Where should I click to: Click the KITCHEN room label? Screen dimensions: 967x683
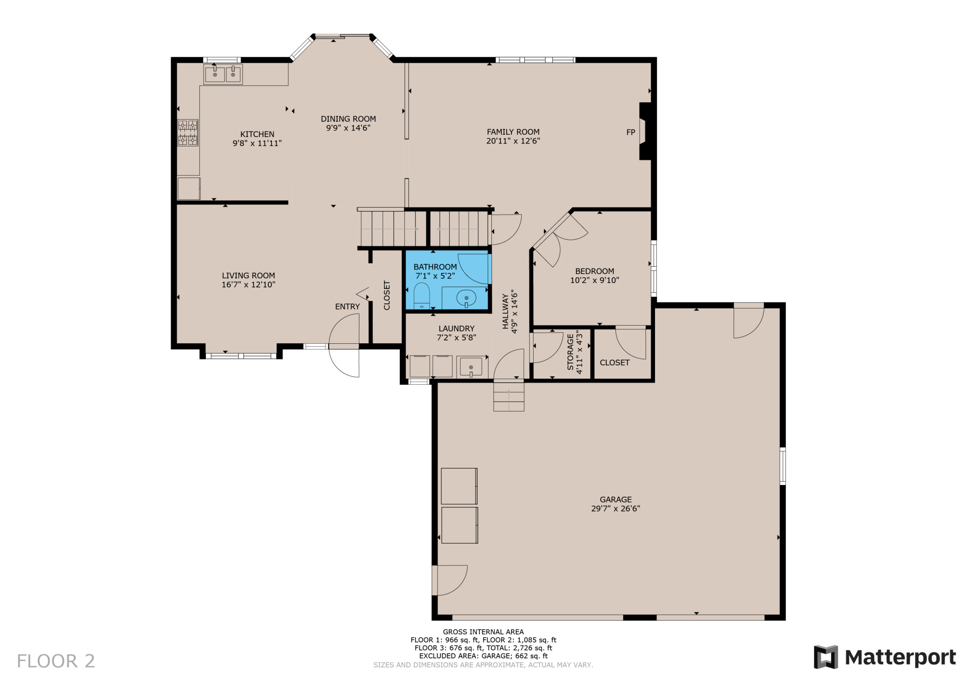[x=257, y=134]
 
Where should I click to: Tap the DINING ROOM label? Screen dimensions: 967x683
[x=348, y=119]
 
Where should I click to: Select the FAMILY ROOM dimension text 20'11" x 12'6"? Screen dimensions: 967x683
[x=513, y=141]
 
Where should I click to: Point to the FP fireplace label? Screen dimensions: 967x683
[x=631, y=132]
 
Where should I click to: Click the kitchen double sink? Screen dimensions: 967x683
[x=223, y=74]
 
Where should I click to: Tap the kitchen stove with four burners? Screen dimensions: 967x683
[x=188, y=133]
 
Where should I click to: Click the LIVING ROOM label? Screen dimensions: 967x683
[x=248, y=276]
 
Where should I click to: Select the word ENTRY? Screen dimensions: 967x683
[x=347, y=307]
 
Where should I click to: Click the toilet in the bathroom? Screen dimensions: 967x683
[x=422, y=296]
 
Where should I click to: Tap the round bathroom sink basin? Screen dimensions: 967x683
[x=466, y=297]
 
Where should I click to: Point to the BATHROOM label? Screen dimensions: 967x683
[x=435, y=267]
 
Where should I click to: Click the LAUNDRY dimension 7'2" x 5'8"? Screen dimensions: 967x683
[x=457, y=338]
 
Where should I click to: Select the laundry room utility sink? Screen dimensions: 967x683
[x=471, y=367]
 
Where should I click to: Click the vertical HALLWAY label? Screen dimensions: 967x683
[x=505, y=311]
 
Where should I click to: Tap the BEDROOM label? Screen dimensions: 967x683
[x=595, y=271]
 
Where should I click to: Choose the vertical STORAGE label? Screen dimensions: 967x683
[x=570, y=352]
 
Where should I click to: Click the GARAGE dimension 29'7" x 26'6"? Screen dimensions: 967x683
[x=616, y=508]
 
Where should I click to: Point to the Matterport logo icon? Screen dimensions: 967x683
[x=826, y=657]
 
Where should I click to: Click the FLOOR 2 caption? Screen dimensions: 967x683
[x=56, y=661]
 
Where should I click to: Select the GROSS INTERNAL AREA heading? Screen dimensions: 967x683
[x=483, y=632]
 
